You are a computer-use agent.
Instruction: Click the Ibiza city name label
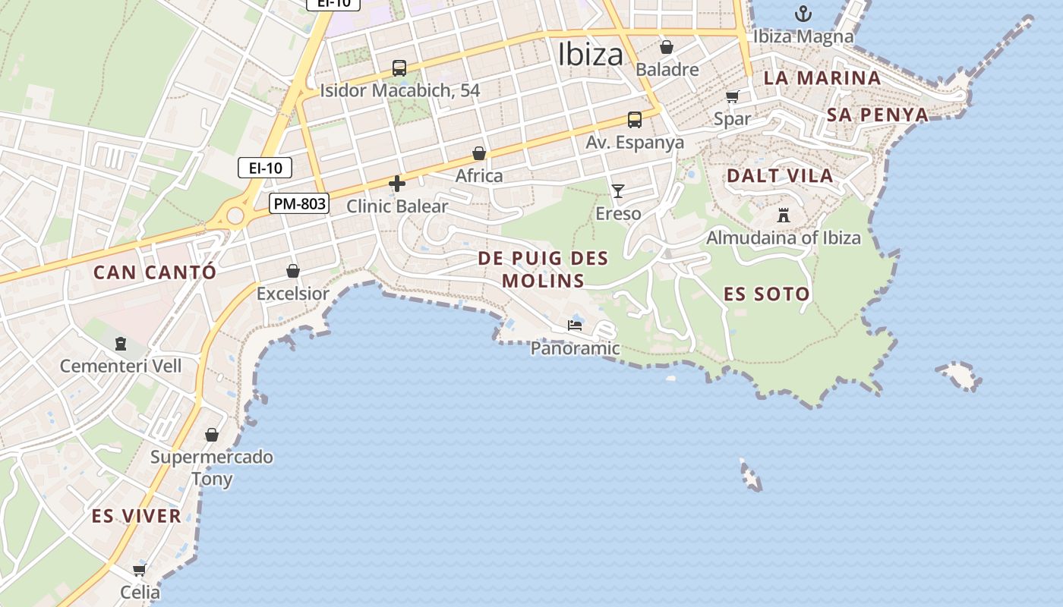click(x=590, y=55)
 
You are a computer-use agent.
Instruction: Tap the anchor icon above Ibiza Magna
click(x=803, y=14)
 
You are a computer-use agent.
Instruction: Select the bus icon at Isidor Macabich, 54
click(x=399, y=68)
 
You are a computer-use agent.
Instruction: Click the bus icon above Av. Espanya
click(x=634, y=120)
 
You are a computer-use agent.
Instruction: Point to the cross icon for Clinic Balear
click(x=396, y=184)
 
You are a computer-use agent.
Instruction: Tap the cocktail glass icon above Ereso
click(x=618, y=191)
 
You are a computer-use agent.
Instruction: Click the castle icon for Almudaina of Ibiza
click(x=784, y=215)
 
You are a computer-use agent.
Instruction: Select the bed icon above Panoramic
click(x=575, y=326)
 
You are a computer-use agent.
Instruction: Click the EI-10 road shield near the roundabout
click(x=265, y=168)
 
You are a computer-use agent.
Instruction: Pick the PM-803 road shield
click(x=299, y=203)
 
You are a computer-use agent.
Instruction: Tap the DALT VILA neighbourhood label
click(x=780, y=176)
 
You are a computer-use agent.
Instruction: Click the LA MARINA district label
click(x=822, y=77)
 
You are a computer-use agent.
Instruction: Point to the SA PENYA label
click(x=877, y=115)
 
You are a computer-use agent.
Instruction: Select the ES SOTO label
click(x=766, y=294)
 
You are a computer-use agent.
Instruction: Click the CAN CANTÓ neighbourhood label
click(x=155, y=272)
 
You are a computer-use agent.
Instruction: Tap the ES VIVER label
click(x=137, y=517)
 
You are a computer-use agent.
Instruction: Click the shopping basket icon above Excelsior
click(x=292, y=271)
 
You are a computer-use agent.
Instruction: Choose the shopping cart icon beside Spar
click(x=732, y=96)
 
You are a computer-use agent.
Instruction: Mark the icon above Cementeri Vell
click(x=121, y=344)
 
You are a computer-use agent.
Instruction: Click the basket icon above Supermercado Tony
click(x=212, y=435)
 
